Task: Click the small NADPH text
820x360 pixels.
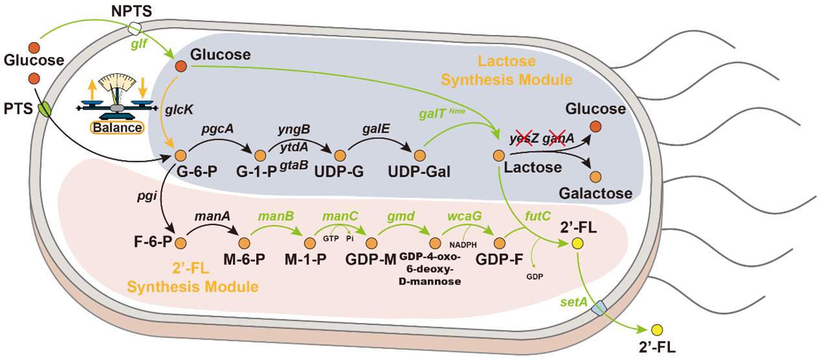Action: [x=467, y=245]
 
